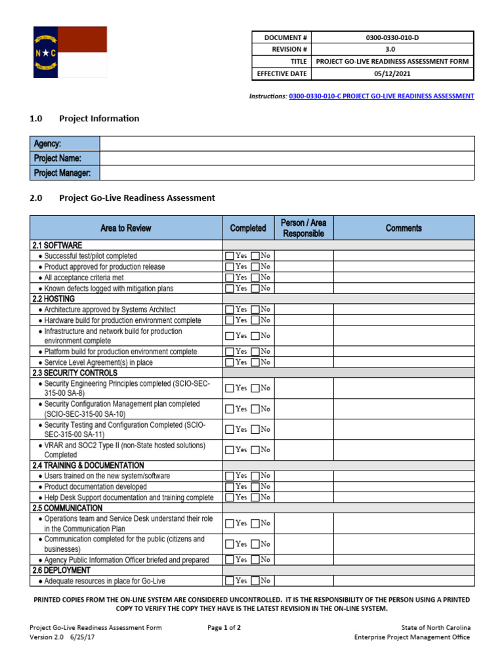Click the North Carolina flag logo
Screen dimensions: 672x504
point(70,52)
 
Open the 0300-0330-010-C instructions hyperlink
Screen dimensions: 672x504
point(381,96)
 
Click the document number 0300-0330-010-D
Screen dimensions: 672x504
point(391,38)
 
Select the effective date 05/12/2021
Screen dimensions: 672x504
point(391,74)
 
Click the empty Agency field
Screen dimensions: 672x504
point(286,144)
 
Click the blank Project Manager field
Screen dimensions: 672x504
point(286,173)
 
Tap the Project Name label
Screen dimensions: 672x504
point(58,158)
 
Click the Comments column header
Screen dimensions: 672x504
point(404,228)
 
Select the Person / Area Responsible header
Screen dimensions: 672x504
point(303,228)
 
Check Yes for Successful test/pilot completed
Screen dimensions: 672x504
point(229,256)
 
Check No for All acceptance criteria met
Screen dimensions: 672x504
point(255,278)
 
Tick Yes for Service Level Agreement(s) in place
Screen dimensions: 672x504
point(229,362)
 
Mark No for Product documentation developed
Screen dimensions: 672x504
point(255,487)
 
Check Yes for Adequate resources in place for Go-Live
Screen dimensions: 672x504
point(229,581)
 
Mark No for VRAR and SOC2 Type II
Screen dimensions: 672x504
point(255,450)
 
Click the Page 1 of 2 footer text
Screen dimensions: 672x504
point(224,627)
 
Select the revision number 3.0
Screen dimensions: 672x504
point(391,50)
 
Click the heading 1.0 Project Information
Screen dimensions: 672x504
point(85,119)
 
